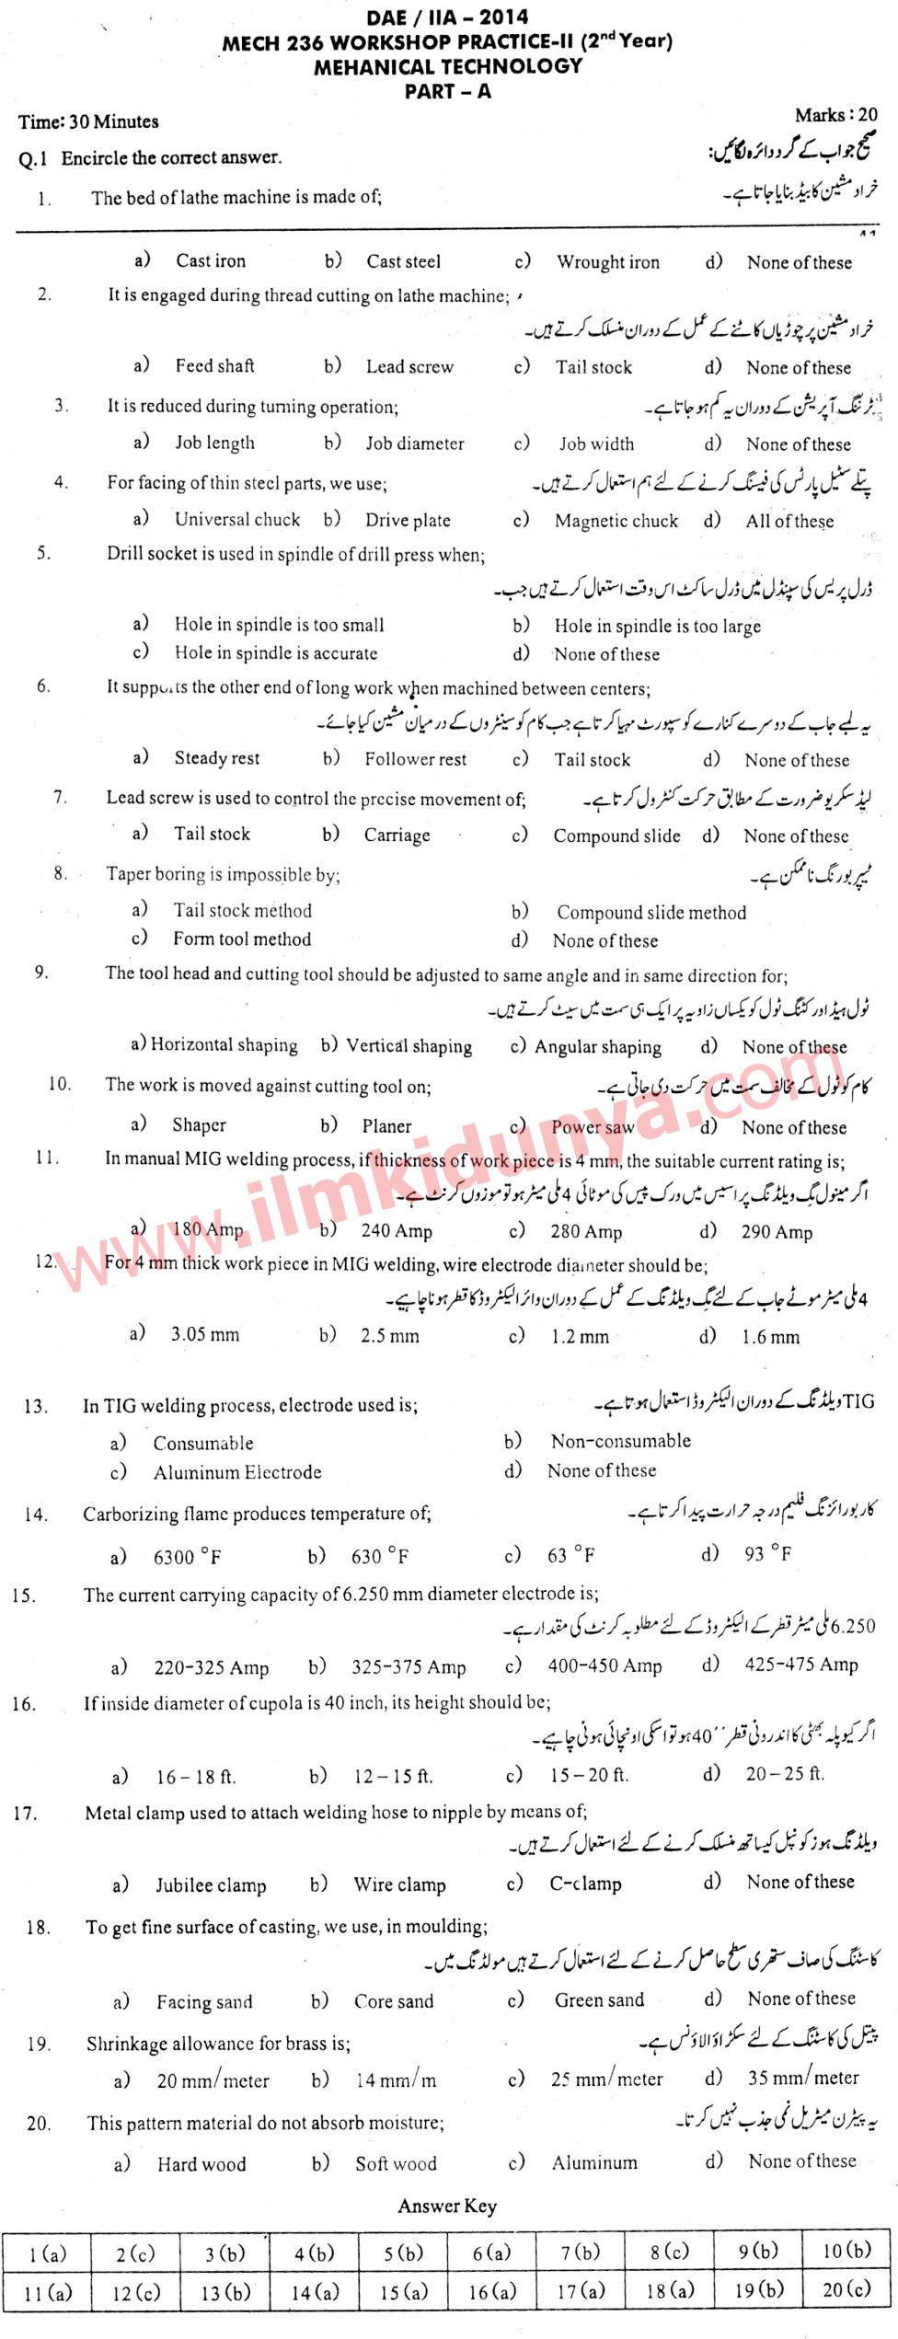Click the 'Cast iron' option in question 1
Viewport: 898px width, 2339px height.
click(211, 261)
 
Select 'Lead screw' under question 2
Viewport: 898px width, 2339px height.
click(409, 367)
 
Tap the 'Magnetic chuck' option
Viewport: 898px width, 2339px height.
click(616, 521)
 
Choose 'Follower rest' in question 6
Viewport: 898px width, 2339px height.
click(415, 759)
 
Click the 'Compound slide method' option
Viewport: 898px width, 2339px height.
click(650, 913)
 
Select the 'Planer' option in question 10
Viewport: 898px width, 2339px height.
click(386, 1126)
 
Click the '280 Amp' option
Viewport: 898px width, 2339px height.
click(586, 1232)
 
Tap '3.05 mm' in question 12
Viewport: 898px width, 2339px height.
click(204, 1334)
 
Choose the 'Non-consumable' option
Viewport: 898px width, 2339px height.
click(620, 1441)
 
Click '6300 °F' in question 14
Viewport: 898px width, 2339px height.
click(187, 1557)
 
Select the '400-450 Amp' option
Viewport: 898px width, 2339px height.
click(604, 1666)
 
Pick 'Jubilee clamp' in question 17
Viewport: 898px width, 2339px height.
click(211, 1885)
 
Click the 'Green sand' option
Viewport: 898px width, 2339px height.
click(599, 2000)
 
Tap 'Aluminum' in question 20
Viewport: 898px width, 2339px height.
click(593, 2163)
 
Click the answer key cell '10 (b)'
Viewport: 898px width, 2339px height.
click(846, 2251)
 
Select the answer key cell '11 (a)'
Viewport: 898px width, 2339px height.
click(46, 2292)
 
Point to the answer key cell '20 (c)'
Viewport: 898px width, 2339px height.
click(846, 2290)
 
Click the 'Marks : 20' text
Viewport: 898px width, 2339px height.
click(835, 115)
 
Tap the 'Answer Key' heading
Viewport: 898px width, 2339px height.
click(447, 2206)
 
